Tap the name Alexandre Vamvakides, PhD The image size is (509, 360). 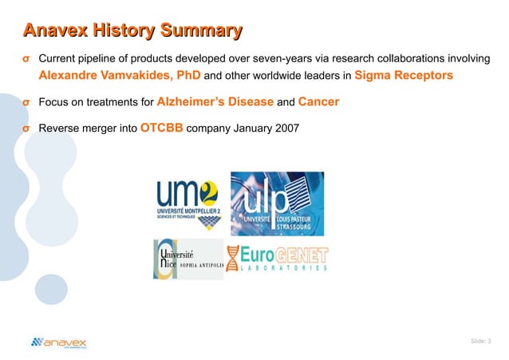pyautogui.click(x=120, y=76)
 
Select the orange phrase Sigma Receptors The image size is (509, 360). pyautogui.click(x=404, y=76)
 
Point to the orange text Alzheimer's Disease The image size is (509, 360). pyautogui.click(x=215, y=102)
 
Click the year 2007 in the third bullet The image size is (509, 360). pyautogui.click(x=283, y=129)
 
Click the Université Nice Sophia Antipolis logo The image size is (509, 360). pyautogui.click(x=187, y=259)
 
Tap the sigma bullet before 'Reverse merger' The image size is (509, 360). pyautogui.click(x=26, y=129)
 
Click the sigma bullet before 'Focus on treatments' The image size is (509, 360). pyautogui.click(x=26, y=102)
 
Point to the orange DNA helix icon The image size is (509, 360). pyautogui.click(x=233, y=259)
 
